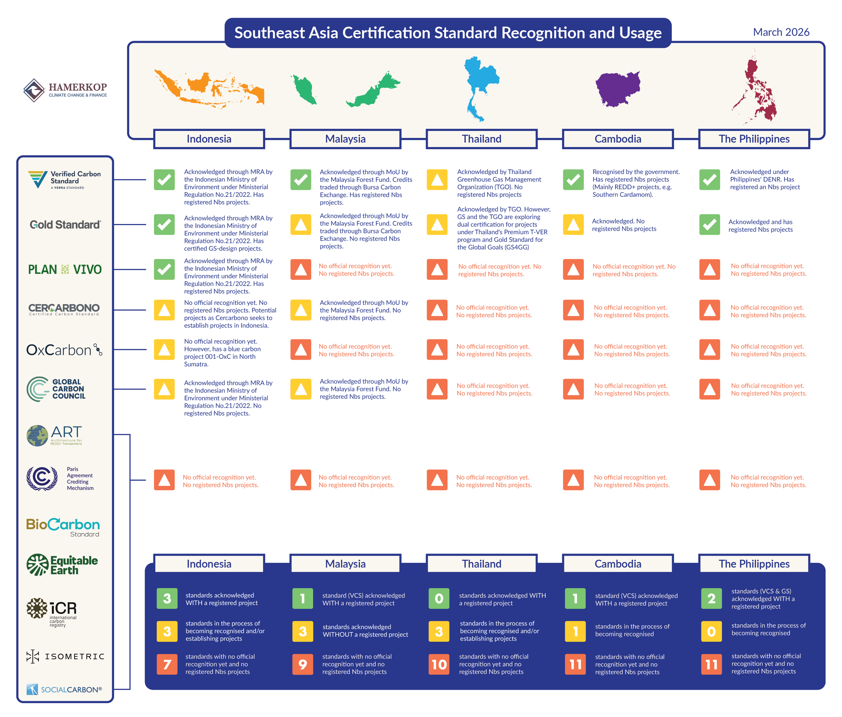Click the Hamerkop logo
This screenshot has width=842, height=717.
tap(65, 90)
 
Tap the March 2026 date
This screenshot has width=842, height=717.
tap(781, 32)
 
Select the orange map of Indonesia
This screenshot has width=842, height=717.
tap(209, 88)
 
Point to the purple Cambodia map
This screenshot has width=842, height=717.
tap(618, 88)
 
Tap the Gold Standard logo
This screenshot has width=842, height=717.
tap(65, 224)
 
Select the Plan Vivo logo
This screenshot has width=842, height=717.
tap(65, 270)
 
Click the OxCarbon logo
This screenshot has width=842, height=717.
tap(64, 350)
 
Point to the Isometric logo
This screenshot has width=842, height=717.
tap(65, 656)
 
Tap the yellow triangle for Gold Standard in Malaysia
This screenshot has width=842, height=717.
tap(301, 224)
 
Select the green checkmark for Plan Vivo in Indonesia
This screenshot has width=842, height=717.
tap(164, 270)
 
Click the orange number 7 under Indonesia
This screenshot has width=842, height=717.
tap(167, 664)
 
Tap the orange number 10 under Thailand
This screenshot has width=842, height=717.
tap(439, 664)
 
